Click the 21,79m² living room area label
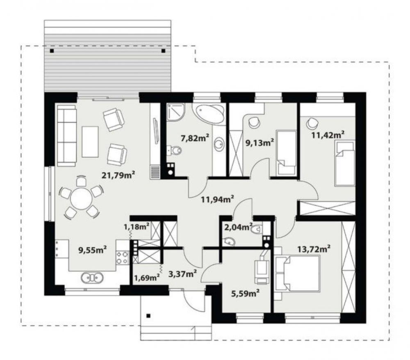[118, 175]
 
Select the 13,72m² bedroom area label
[314, 249]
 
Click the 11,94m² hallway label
[217, 199]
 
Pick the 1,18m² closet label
[137, 227]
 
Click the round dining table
[81, 199]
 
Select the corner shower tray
[176, 112]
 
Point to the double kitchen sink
[92, 278]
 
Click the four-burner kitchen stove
[122, 257]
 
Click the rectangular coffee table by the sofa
[90, 142]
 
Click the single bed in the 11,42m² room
[345, 164]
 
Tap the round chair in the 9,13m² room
[254, 121]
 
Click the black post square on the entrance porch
[148, 316]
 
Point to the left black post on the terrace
[52, 51]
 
